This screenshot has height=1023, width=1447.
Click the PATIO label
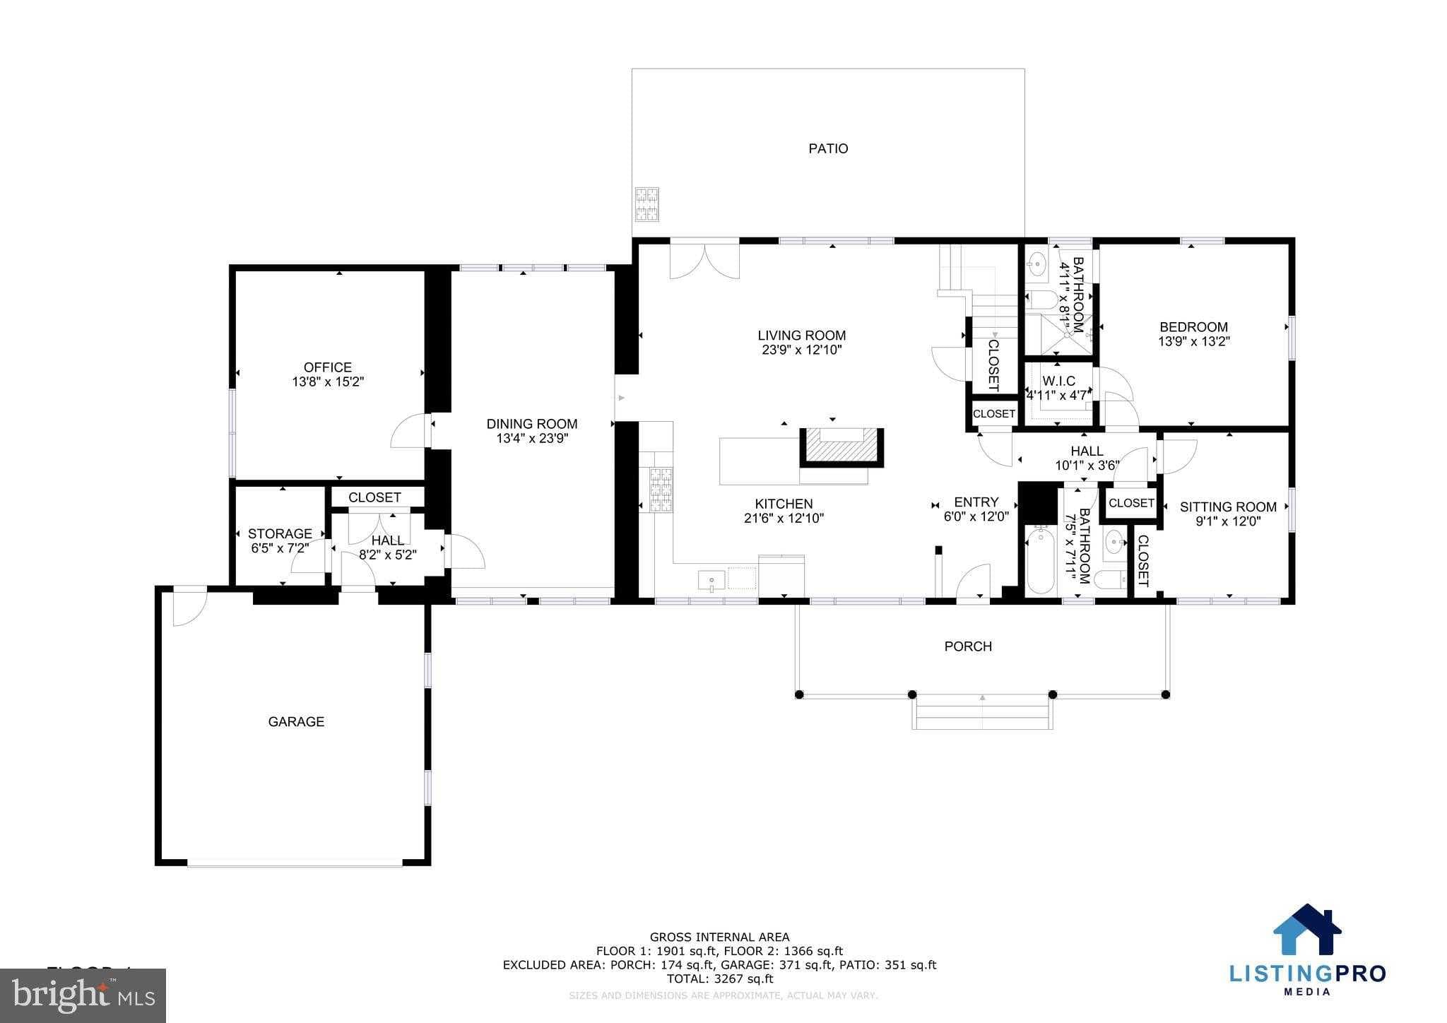(x=828, y=148)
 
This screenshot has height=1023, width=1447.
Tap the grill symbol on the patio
(x=646, y=204)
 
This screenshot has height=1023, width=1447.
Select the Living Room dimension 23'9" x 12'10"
(x=801, y=350)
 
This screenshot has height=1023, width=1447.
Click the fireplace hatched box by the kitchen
(x=841, y=448)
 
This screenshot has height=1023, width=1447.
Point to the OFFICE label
(x=327, y=367)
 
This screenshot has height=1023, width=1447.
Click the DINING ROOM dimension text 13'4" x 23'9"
(x=532, y=439)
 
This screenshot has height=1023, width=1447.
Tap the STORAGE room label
(x=279, y=533)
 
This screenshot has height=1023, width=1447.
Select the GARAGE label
(x=296, y=721)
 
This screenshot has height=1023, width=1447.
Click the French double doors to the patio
(x=704, y=261)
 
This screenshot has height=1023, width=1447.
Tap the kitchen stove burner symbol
(x=661, y=489)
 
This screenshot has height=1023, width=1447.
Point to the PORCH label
(x=968, y=646)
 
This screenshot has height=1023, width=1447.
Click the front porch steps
(x=982, y=714)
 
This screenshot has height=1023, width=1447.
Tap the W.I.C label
(x=1058, y=382)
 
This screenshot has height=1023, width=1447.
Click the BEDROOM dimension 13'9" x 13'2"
(x=1193, y=341)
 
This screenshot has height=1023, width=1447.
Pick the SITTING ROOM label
(x=1227, y=507)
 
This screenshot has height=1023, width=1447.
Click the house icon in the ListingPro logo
(x=1307, y=928)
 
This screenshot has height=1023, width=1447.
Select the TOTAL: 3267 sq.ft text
(x=720, y=979)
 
